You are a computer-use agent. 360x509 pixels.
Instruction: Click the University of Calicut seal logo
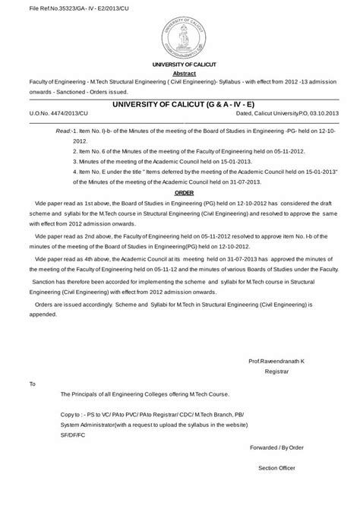pyautogui.click(x=180, y=34)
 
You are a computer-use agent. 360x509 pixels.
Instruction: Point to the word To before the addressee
pyautogui.click(x=32, y=384)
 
